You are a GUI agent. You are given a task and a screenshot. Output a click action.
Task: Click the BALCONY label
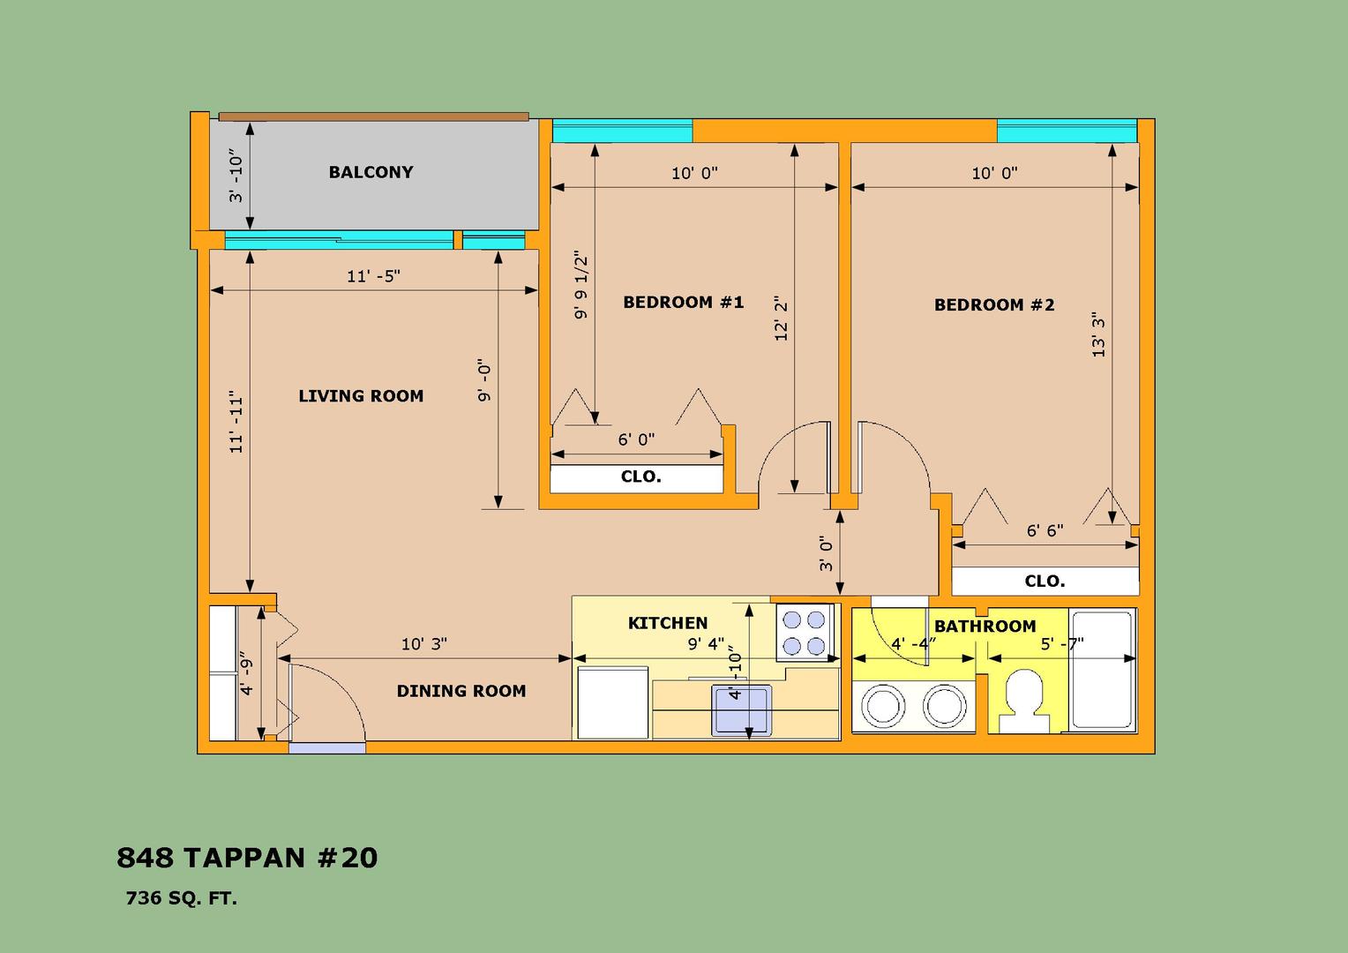coord(371,172)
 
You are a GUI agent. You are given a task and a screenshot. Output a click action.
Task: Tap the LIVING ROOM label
coord(361,396)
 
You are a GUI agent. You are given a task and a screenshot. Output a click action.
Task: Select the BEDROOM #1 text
coord(683,302)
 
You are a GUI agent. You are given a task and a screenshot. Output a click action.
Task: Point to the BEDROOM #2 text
coord(994,304)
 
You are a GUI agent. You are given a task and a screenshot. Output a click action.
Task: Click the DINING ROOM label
coord(461,691)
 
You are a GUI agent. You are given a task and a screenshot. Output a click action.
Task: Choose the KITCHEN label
coord(667,622)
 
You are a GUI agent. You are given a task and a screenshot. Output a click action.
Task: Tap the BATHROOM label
coord(985,627)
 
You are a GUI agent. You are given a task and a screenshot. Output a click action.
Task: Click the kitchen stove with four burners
coord(805,633)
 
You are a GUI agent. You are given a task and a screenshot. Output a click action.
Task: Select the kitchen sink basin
coord(741,709)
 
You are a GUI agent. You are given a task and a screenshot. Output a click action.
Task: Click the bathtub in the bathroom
coord(1103,670)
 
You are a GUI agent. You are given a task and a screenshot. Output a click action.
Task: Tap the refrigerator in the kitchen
coord(612,702)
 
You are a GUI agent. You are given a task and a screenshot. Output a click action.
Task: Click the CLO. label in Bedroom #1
coord(640,476)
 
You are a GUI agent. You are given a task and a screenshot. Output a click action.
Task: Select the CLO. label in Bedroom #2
coord(1045,581)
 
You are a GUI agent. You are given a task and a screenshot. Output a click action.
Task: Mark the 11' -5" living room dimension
coord(374,276)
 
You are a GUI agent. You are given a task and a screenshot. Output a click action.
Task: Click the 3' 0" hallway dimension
coord(827,553)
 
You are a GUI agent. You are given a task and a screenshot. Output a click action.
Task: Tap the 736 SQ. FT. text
coord(181,898)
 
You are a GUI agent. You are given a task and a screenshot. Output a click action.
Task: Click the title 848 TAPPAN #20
coord(247,858)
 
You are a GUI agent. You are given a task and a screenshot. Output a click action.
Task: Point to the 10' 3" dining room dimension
coord(424,644)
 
